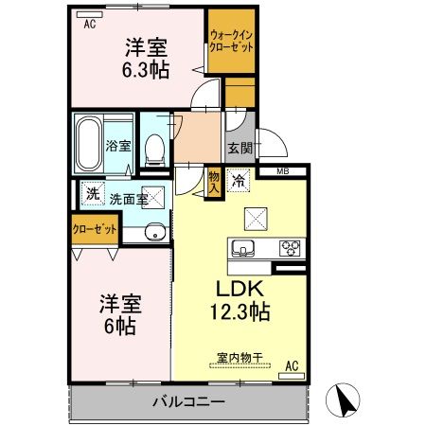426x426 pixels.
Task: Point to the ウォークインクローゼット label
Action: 231,44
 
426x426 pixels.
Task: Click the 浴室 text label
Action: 117,148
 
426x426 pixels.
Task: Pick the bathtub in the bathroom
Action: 90,142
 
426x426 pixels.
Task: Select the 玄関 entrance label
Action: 239,148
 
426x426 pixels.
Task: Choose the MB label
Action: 283,171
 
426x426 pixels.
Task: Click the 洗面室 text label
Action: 129,199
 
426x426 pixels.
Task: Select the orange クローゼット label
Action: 95,229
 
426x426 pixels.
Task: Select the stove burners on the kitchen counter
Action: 288,249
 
